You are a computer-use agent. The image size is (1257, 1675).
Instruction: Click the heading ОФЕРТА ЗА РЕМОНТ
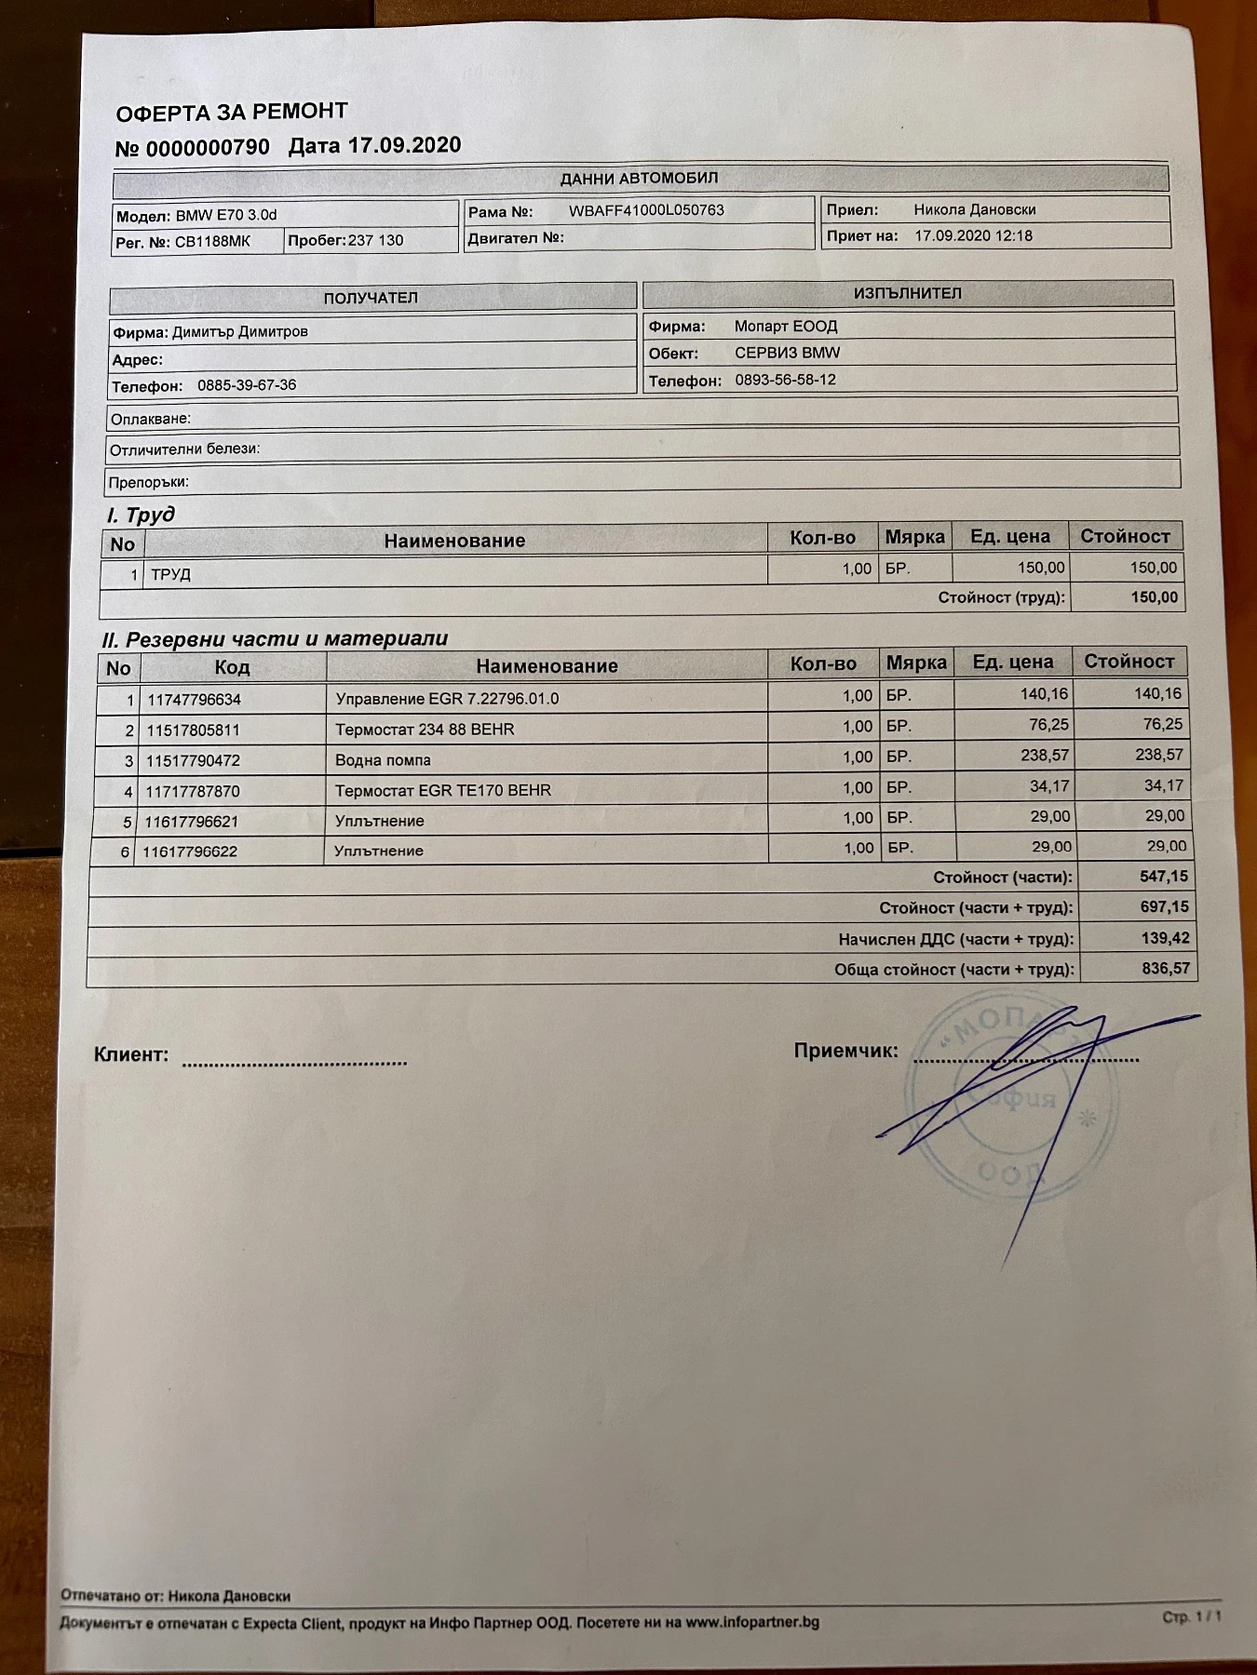click(x=232, y=113)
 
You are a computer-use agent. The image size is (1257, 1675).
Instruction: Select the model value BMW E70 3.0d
click(x=226, y=215)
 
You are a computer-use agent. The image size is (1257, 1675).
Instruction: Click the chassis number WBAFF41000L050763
click(x=646, y=210)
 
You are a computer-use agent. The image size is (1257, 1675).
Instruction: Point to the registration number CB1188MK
click(x=212, y=241)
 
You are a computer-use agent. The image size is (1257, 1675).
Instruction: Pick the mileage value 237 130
click(x=375, y=240)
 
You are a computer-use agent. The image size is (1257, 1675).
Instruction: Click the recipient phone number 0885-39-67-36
click(x=247, y=385)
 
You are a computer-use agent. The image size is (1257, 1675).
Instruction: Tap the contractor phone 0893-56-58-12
click(x=785, y=380)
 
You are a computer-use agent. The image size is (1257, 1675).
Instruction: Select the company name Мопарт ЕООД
click(x=786, y=327)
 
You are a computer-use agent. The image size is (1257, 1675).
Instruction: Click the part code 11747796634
click(x=194, y=699)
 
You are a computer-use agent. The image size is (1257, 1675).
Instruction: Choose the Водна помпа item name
click(x=383, y=760)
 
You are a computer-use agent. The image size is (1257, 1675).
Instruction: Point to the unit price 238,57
click(x=1045, y=756)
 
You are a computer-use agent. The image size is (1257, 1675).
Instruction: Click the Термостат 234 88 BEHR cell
click(x=425, y=730)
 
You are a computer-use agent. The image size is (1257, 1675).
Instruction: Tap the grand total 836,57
click(x=1166, y=969)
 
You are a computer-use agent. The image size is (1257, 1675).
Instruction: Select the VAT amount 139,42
click(x=1165, y=938)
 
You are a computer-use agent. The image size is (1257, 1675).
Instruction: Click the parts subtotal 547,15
click(x=1164, y=877)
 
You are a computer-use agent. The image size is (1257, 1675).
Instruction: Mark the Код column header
click(x=232, y=667)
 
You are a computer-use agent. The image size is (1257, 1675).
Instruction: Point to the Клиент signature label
click(x=131, y=1055)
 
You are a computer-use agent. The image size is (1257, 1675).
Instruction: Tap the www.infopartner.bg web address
click(x=752, y=1622)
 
